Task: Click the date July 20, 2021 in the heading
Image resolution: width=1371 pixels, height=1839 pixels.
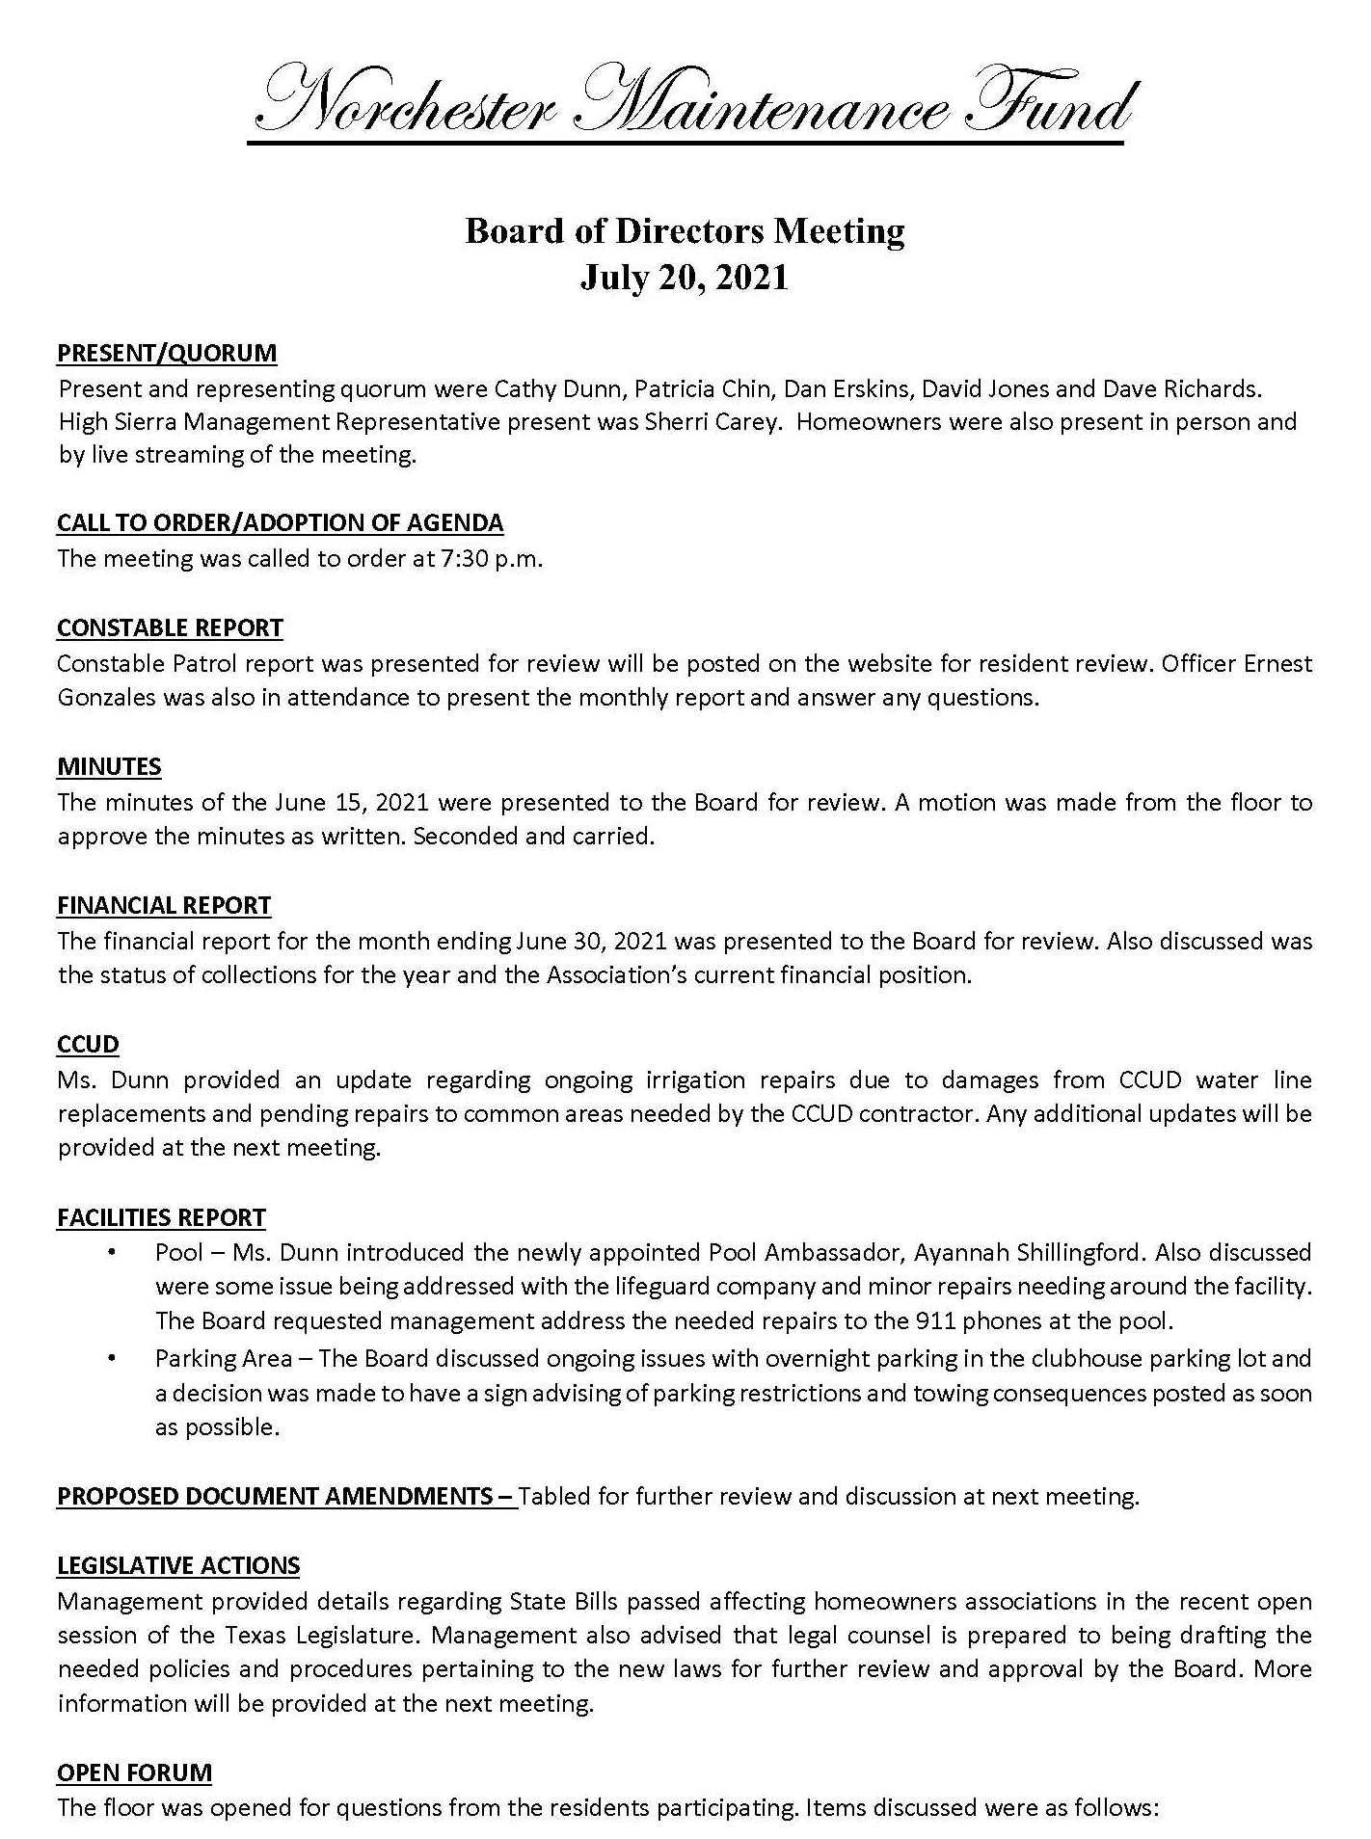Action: tap(685, 278)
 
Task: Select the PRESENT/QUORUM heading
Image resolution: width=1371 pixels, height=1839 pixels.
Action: tap(167, 353)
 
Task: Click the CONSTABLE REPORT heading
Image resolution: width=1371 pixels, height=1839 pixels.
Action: tap(170, 627)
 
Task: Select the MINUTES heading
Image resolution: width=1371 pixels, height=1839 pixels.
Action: tap(109, 766)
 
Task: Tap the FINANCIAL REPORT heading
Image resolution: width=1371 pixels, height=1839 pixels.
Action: tap(164, 905)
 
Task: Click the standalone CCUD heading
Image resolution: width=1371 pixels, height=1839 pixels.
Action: tap(88, 1044)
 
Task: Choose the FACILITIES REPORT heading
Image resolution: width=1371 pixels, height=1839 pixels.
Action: tap(161, 1217)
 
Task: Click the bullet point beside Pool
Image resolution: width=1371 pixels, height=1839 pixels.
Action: tap(113, 1253)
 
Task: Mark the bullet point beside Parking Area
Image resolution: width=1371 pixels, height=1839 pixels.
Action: tap(113, 1359)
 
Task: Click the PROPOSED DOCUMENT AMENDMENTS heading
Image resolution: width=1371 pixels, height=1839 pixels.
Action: tap(285, 1496)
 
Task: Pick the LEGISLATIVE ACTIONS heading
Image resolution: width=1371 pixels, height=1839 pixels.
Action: tap(178, 1565)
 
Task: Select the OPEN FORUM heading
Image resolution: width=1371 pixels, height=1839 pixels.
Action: tap(134, 1772)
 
